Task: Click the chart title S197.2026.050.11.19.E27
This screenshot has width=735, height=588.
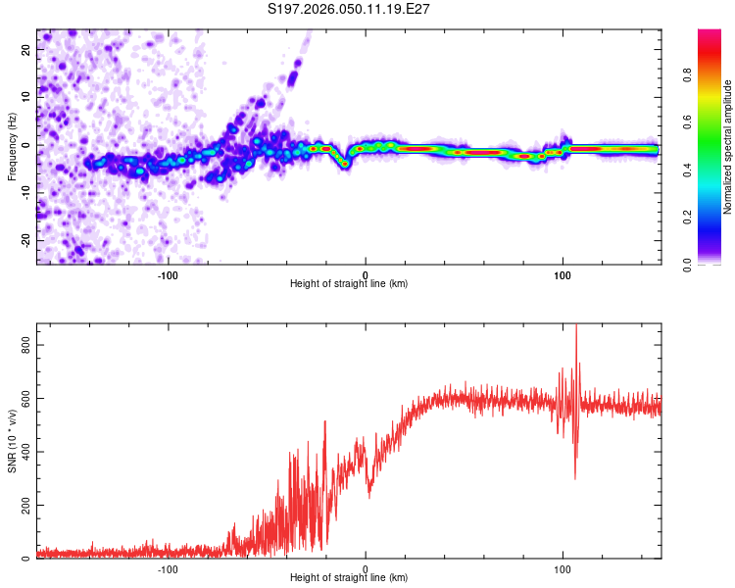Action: coord(350,9)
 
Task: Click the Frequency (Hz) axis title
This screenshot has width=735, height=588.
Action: coord(12,146)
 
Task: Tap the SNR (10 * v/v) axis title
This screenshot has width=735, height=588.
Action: coord(12,440)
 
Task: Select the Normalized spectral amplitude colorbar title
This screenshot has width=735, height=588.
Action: coord(727,147)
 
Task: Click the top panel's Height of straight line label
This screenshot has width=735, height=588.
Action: coord(349,283)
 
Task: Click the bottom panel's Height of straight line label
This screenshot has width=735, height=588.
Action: coord(349,577)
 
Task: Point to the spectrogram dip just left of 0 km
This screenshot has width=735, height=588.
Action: coord(345,165)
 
